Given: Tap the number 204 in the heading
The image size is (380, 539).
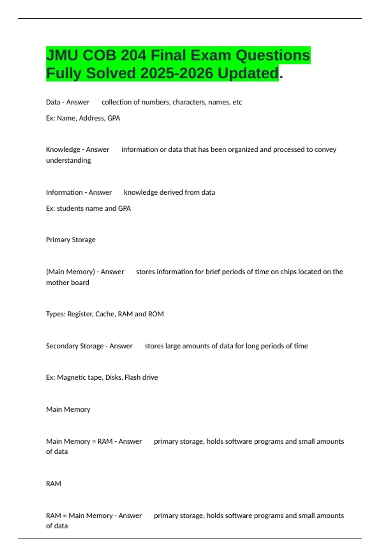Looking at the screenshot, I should (133, 55).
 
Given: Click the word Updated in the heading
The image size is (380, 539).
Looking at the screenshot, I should (248, 73).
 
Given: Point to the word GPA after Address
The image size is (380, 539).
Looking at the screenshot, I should (114, 118).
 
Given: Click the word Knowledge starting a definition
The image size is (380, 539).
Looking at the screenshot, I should (63, 149).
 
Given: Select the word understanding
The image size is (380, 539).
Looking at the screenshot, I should (68, 160).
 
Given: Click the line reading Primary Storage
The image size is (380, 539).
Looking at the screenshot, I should (71, 240).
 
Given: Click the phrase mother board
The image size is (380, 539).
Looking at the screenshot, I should (67, 282).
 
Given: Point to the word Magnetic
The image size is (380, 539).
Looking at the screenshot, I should (71, 377).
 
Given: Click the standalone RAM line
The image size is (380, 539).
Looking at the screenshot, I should (54, 484).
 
